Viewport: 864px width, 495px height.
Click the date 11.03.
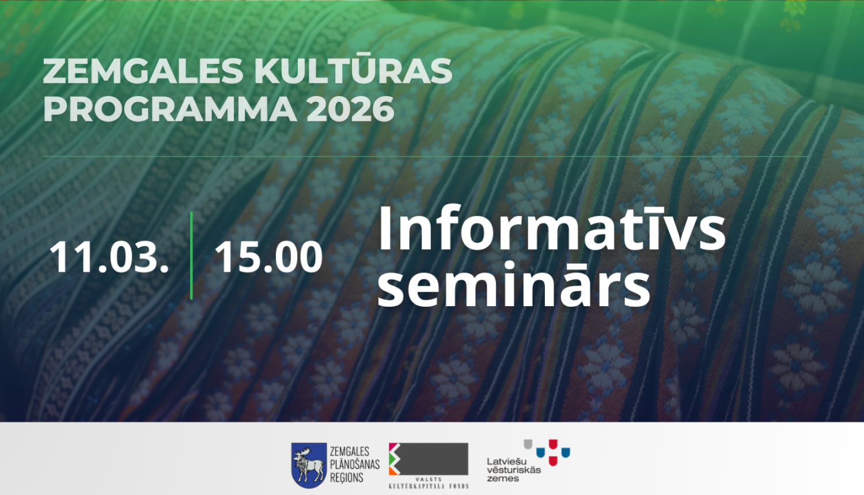(109, 257)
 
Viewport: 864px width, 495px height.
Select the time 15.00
(268, 257)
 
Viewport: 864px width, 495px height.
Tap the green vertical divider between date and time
(191, 256)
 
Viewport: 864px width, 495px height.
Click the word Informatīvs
(551, 229)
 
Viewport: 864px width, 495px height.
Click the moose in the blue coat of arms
(308, 464)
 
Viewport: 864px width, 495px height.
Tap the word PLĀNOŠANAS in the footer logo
(354, 464)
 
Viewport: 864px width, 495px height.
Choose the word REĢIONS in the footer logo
(346, 478)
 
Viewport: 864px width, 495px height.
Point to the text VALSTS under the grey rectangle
(429, 479)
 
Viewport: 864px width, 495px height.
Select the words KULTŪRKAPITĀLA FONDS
(429, 486)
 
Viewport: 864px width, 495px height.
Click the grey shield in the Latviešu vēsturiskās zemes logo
(528, 444)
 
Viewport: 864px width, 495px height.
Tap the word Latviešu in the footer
(506, 461)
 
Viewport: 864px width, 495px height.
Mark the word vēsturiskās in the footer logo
(514, 470)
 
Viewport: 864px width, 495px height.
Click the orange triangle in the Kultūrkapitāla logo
(394, 470)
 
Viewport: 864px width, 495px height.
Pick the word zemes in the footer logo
(502, 478)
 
